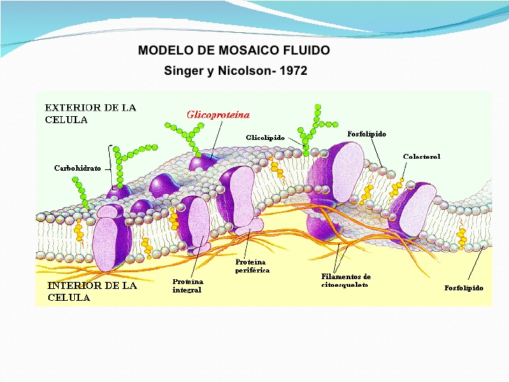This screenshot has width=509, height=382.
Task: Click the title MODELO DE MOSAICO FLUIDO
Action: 234,50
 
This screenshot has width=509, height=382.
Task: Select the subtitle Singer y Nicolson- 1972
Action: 235,71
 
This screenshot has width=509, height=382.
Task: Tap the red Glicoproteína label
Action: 217,115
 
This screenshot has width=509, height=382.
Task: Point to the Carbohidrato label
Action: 78,168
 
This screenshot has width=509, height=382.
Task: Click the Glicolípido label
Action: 265,138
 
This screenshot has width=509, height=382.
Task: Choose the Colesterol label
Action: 422,156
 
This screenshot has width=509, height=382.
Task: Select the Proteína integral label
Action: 187,285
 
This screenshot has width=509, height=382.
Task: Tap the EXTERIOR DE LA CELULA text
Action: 90,113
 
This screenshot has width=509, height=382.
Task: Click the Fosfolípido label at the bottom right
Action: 464,288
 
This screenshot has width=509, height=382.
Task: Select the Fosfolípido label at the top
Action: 366,133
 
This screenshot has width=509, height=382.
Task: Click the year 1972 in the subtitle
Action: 292,71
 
